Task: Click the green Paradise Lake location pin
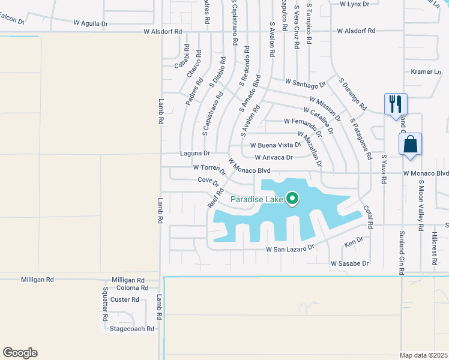click(293, 197)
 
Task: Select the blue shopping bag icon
click(411, 145)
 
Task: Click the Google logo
click(20, 353)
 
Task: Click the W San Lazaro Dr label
click(291, 248)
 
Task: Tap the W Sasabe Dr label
click(349, 263)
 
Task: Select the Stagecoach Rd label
click(132, 328)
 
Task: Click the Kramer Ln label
click(426, 71)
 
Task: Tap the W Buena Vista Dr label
click(276, 145)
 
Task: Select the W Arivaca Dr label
click(274, 158)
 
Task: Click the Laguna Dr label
click(194, 154)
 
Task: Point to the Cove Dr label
click(208, 181)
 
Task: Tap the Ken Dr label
click(354, 241)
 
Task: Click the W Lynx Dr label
click(354, 4)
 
